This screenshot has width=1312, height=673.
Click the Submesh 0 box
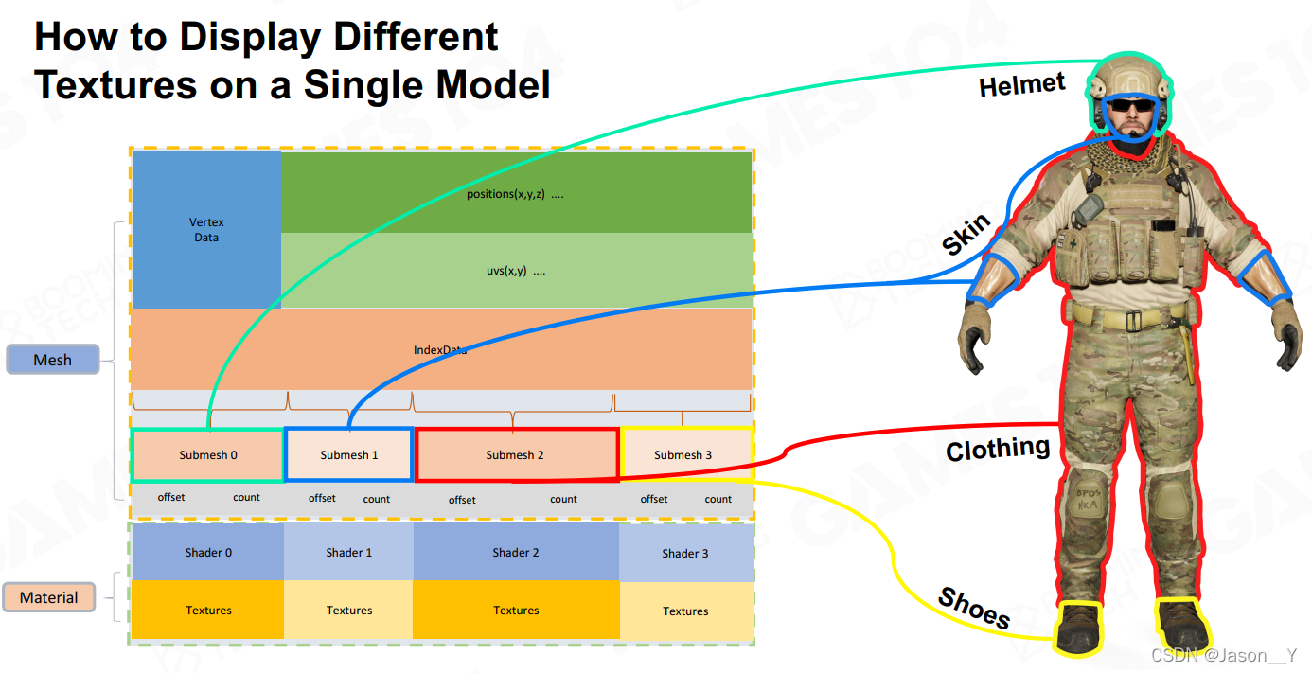[207, 455]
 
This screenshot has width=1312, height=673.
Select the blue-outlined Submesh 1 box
[348, 455]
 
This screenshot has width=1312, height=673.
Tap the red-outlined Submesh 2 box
[516, 455]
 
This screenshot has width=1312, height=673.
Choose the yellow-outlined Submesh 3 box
[683, 455]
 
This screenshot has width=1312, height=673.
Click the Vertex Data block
[206, 230]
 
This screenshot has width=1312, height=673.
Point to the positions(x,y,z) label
[515, 195]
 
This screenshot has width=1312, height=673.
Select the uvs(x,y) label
[515, 271]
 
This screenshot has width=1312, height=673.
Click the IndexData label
[440, 350]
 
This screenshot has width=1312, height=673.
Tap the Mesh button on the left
[52, 360]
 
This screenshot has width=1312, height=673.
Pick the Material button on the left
[48, 597]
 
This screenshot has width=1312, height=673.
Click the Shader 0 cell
[207, 553]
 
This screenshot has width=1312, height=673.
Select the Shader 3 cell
[685, 554]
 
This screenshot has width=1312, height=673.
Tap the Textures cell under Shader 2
[516, 611]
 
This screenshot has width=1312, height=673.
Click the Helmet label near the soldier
[1021, 85]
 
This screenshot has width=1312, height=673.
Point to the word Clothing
[998, 448]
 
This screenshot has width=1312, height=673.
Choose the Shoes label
[973, 609]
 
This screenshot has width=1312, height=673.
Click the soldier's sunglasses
[1130, 106]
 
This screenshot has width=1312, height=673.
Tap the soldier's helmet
[1129, 75]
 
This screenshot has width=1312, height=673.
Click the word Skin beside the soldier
[966, 235]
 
